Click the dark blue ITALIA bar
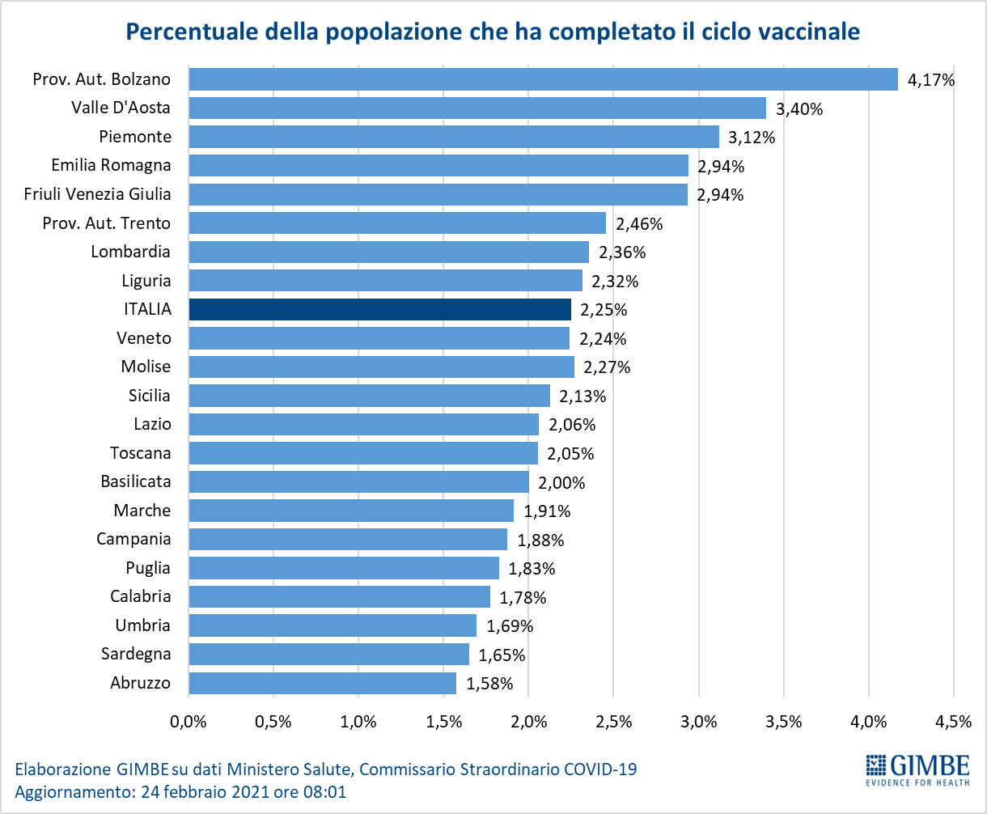pos(379,309)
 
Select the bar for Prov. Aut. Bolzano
pos(543,79)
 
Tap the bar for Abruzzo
pos(322,683)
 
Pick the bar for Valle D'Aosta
pos(477,108)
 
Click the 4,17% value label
pos(932,80)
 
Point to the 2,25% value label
pos(604,310)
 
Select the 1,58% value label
pos(489,684)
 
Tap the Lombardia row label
pos(131,252)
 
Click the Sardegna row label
pos(136,654)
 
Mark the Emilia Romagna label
pos(111,165)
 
